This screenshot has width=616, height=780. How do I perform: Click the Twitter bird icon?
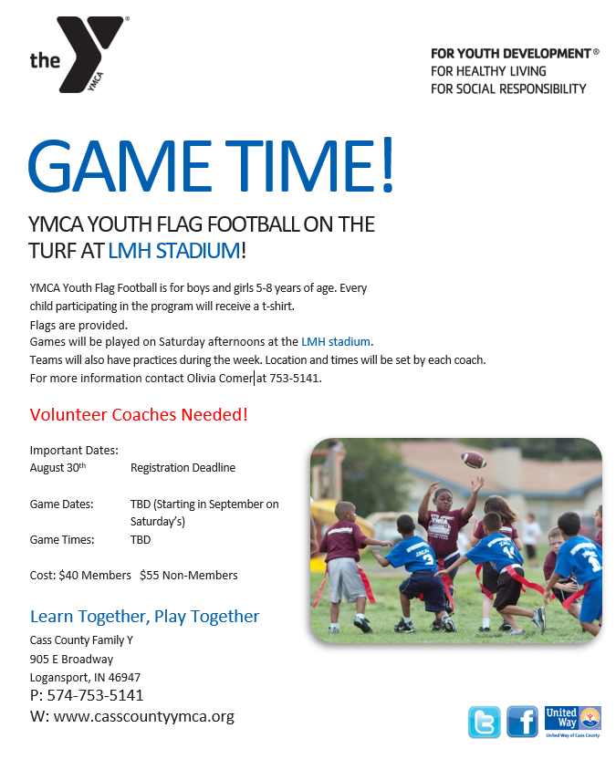pyautogui.click(x=484, y=722)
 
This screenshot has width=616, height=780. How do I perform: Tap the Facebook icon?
pyautogui.click(x=523, y=722)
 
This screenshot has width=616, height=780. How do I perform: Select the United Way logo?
pyautogui.click(x=572, y=720)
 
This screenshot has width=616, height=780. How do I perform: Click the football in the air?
pyautogui.click(x=474, y=460)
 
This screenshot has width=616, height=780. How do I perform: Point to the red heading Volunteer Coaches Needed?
pyautogui.click(x=139, y=415)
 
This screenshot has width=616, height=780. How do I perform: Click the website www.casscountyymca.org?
pyautogui.click(x=144, y=716)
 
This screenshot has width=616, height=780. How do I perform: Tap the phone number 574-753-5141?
pyautogui.click(x=95, y=695)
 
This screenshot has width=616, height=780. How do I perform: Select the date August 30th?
pyautogui.click(x=57, y=468)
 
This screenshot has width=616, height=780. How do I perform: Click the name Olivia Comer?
pyautogui.click(x=220, y=378)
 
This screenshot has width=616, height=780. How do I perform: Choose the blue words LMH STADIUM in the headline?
pyautogui.click(x=174, y=250)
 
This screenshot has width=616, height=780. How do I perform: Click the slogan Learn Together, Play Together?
pyautogui.click(x=144, y=617)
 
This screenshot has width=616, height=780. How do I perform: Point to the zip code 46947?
pyautogui.click(x=123, y=677)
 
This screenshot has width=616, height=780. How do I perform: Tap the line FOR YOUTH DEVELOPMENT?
pyautogui.click(x=511, y=53)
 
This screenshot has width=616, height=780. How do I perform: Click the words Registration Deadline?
pyautogui.click(x=183, y=468)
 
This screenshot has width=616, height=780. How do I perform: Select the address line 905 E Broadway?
pyautogui.click(x=71, y=659)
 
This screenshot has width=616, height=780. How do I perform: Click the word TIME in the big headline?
pyautogui.click(x=301, y=167)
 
